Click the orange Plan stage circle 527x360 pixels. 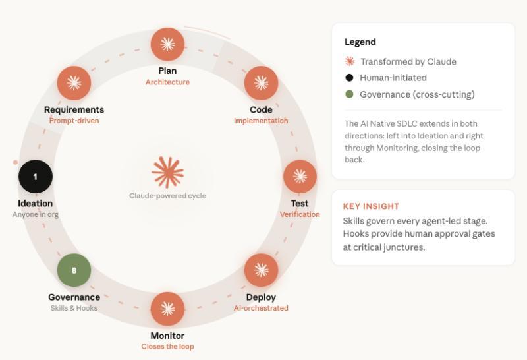click(x=167, y=44)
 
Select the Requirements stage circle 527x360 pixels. click(x=74, y=83)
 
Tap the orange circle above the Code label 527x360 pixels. click(x=261, y=83)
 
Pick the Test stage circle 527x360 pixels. click(x=300, y=176)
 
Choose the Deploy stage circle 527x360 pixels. click(x=261, y=270)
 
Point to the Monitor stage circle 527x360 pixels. click(x=167, y=309)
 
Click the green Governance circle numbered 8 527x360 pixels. click(x=74, y=270)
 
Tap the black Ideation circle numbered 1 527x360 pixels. click(x=36, y=176)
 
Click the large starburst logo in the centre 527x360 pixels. click(x=167, y=172)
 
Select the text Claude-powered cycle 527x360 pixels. click(x=167, y=196)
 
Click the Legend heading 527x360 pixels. click(x=360, y=42)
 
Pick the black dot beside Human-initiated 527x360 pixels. click(x=349, y=78)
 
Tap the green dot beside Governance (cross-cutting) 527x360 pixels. click(x=349, y=94)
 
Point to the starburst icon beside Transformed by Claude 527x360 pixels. click(x=350, y=61)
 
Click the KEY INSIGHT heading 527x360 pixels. click(x=371, y=206)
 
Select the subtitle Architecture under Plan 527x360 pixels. click(x=167, y=82)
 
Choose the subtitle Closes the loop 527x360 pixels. click(x=167, y=347)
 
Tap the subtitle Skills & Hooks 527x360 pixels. click(x=74, y=308)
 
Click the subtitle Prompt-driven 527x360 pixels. click(x=74, y=121)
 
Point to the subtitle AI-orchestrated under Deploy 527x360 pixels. click(x=261, y=308)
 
